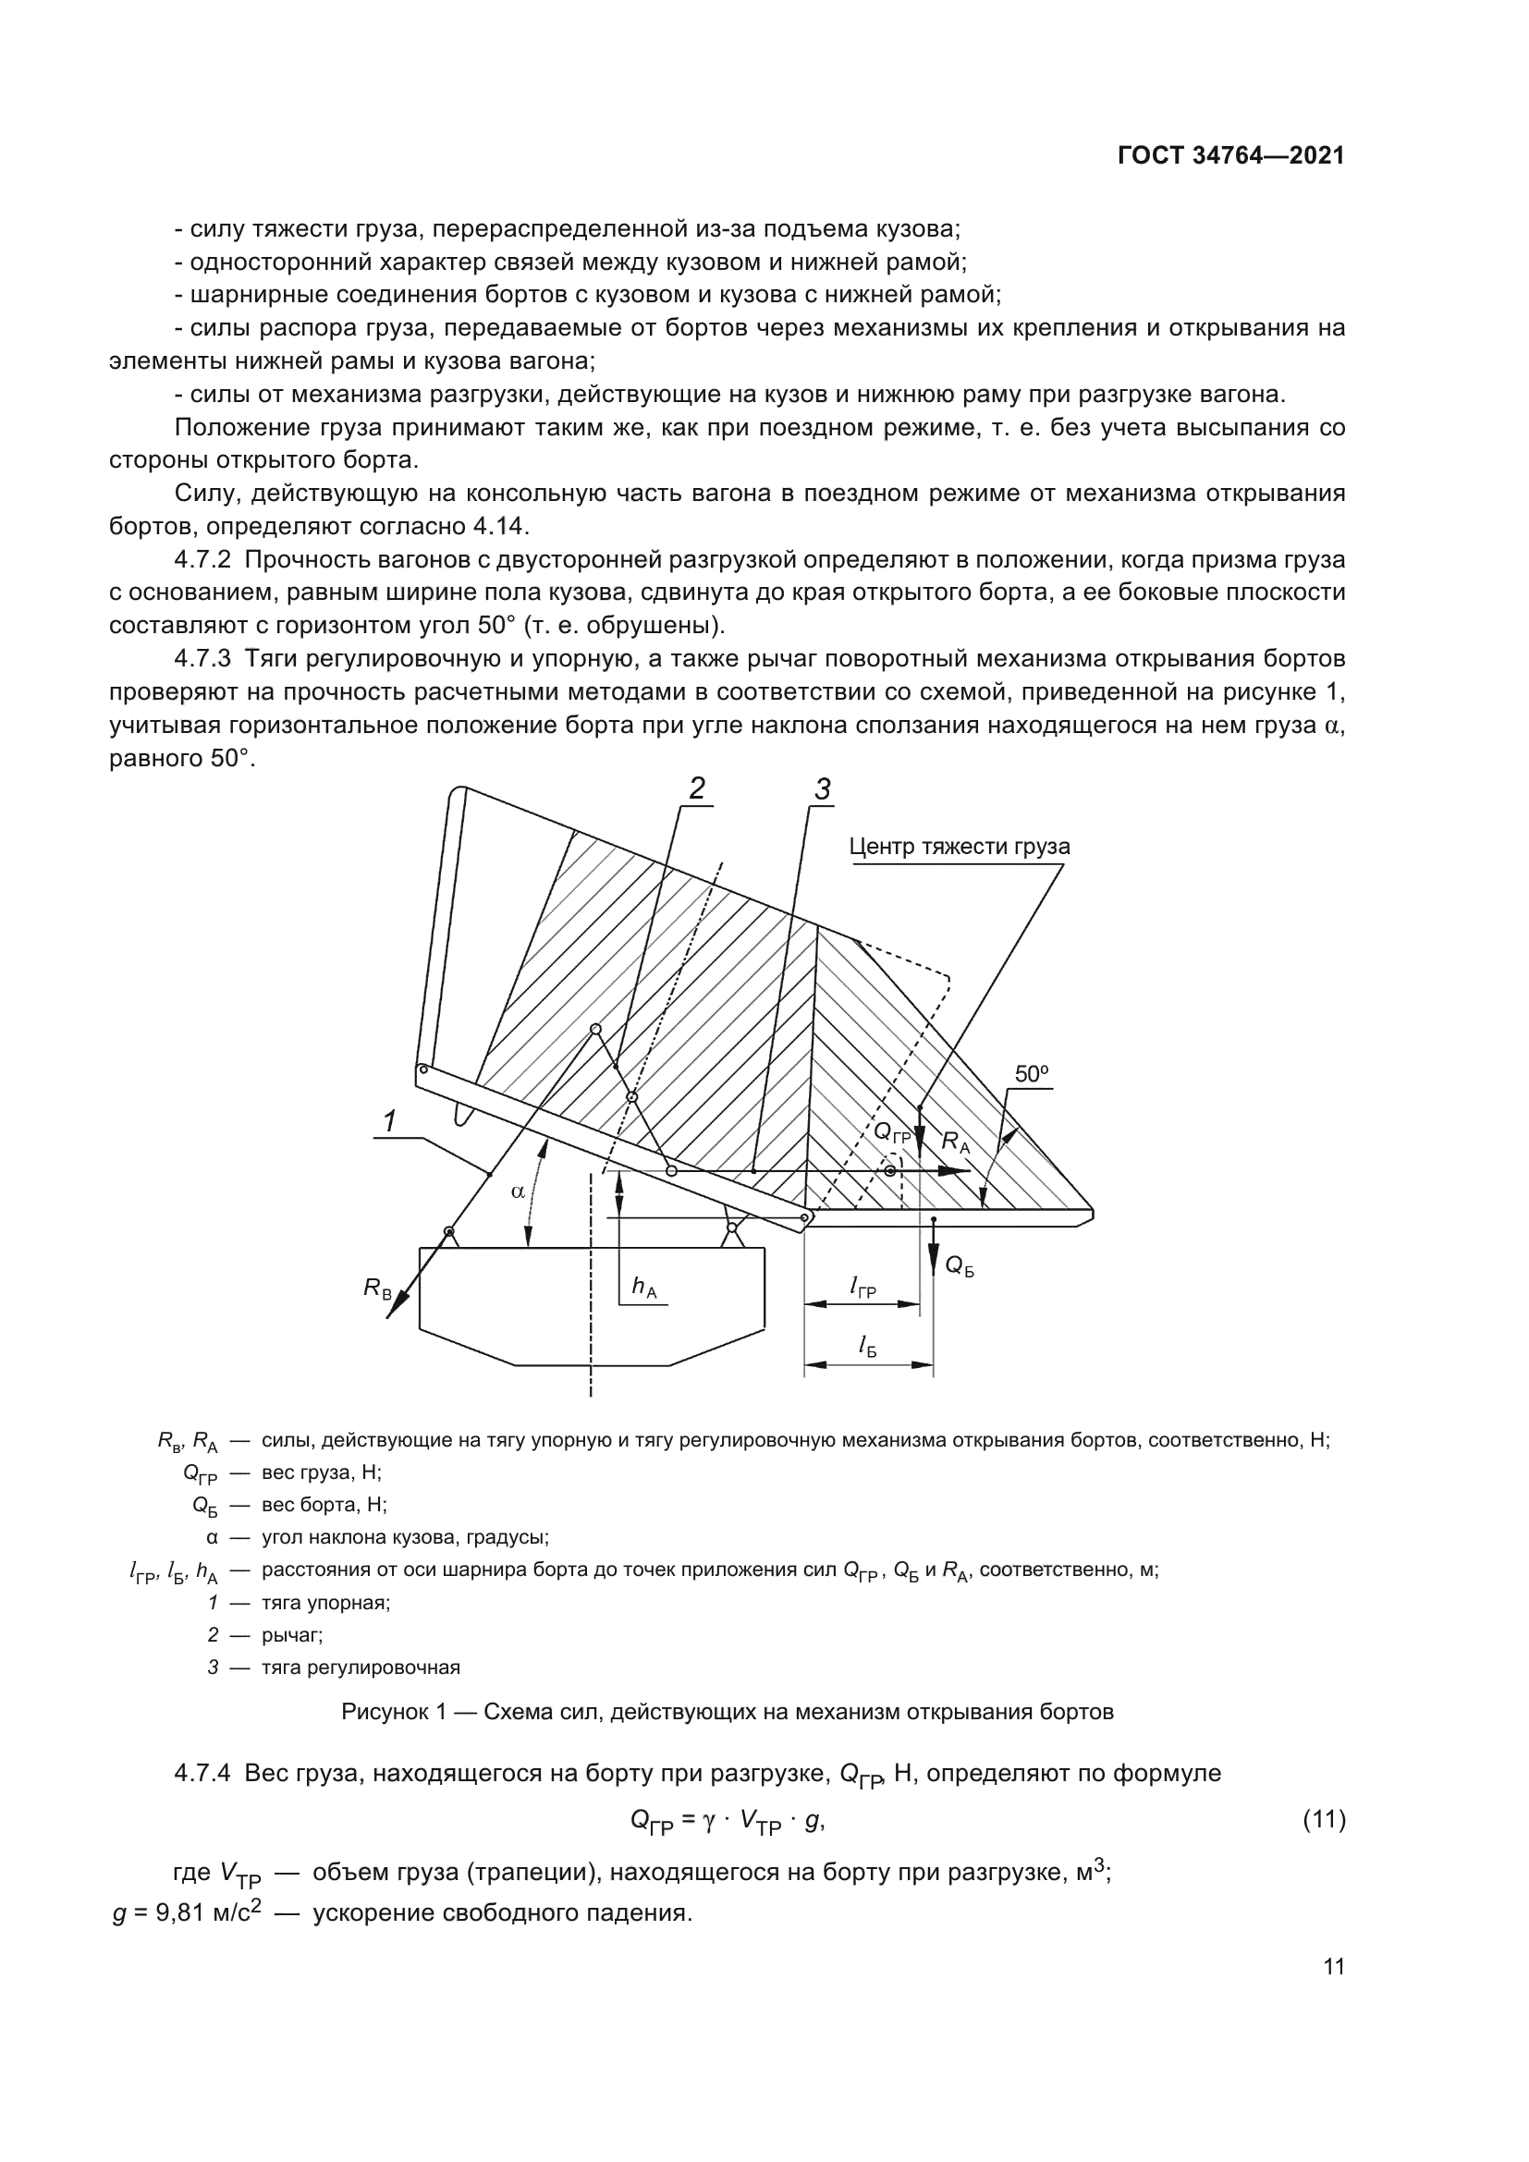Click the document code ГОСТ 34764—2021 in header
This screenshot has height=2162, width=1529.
click(1230, 156)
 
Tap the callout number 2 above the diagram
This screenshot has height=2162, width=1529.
click(697, 788)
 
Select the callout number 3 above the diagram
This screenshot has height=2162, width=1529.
click(822, 790)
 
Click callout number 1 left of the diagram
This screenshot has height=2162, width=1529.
click(390, 1121)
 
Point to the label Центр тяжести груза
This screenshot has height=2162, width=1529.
click(959, 847)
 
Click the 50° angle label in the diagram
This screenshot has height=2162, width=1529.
click(1032, 1074)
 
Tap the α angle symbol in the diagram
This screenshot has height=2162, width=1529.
click(518, 1191)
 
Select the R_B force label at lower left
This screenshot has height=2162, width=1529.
click(377, 1289)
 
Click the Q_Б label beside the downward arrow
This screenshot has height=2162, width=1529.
click(959, 1266)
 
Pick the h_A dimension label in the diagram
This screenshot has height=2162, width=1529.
click(644, 1287)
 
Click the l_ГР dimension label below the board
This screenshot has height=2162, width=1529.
click(862, 1287)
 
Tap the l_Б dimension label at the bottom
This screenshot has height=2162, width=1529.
click(867, 1348)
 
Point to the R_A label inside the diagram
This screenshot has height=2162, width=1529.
click(956, 1142)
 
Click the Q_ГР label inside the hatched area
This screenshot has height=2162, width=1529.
click(891, 1133)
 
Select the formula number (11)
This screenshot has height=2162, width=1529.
click(1324, 1820)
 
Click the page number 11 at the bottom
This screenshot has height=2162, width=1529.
click(1333, 1967)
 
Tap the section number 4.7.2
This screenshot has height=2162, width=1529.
click(202, 560)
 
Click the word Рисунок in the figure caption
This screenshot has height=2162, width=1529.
click(385, 1712)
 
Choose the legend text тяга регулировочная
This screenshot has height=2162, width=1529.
click(361, 1667)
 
